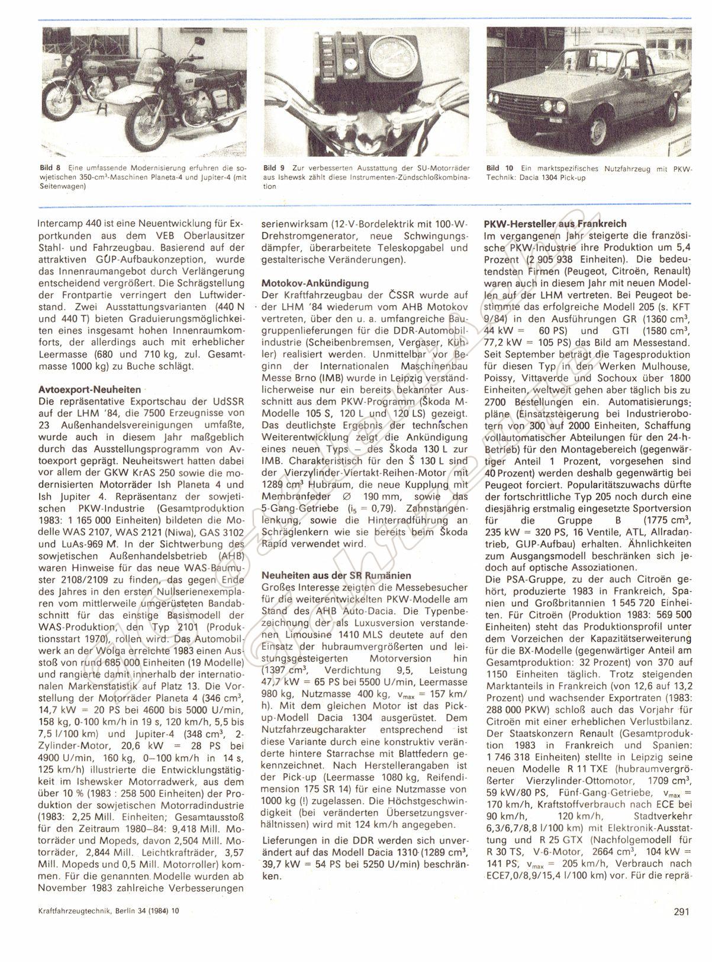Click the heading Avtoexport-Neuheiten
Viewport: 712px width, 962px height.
(x=89, y=390)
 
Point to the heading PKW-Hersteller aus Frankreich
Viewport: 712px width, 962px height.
(x=555, y=224)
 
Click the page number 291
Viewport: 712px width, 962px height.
(x=682, y=927)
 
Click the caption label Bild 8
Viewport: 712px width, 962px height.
(x=47, y=169)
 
